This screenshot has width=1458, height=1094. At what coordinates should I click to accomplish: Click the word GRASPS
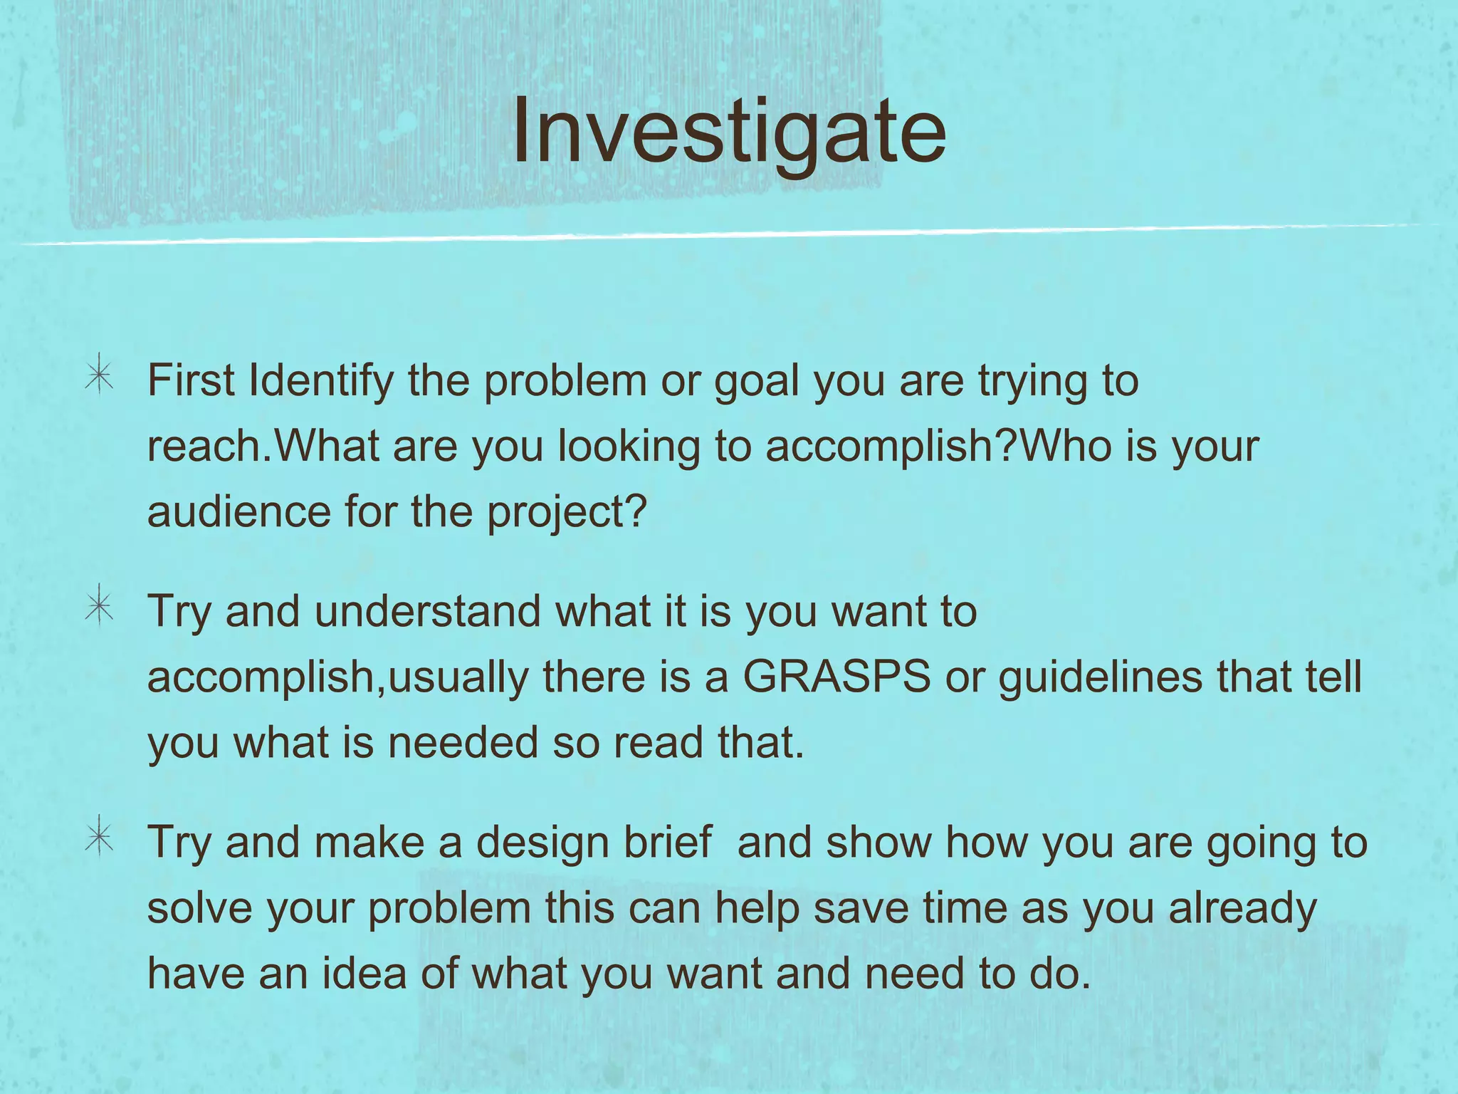(x=836, y=676)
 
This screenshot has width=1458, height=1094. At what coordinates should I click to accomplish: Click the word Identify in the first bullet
(x=321, y=382)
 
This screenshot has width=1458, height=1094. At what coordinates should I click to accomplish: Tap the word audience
(x=239, y=511)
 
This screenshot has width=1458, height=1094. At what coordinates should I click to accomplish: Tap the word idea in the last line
(x=364, y=973)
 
